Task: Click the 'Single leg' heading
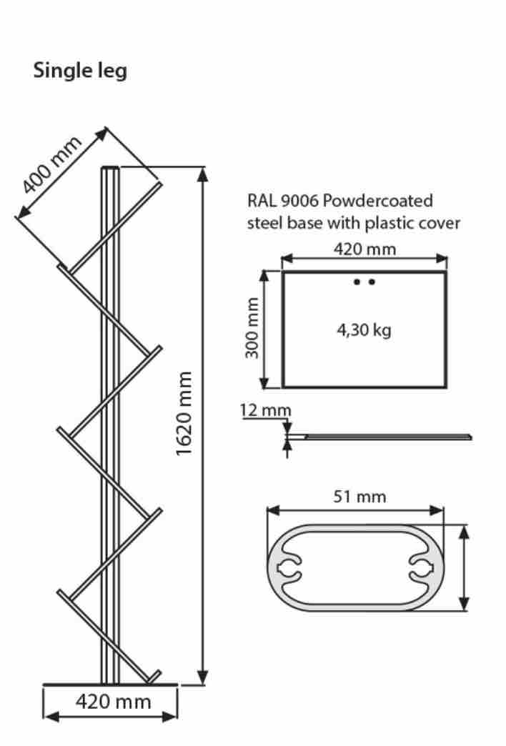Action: [80, 71]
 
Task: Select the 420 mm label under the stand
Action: [114, 702]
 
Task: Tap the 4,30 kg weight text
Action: [364, 331]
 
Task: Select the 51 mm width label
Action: [359, 496]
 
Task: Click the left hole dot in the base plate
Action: [357, 282]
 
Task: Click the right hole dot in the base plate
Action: [372, 282]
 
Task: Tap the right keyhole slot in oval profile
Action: [424, 569]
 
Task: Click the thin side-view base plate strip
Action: [386, 436]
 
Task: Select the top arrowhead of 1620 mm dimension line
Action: [204, 173]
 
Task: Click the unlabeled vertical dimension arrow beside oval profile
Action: [465, 568]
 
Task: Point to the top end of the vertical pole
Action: [110, 169]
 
